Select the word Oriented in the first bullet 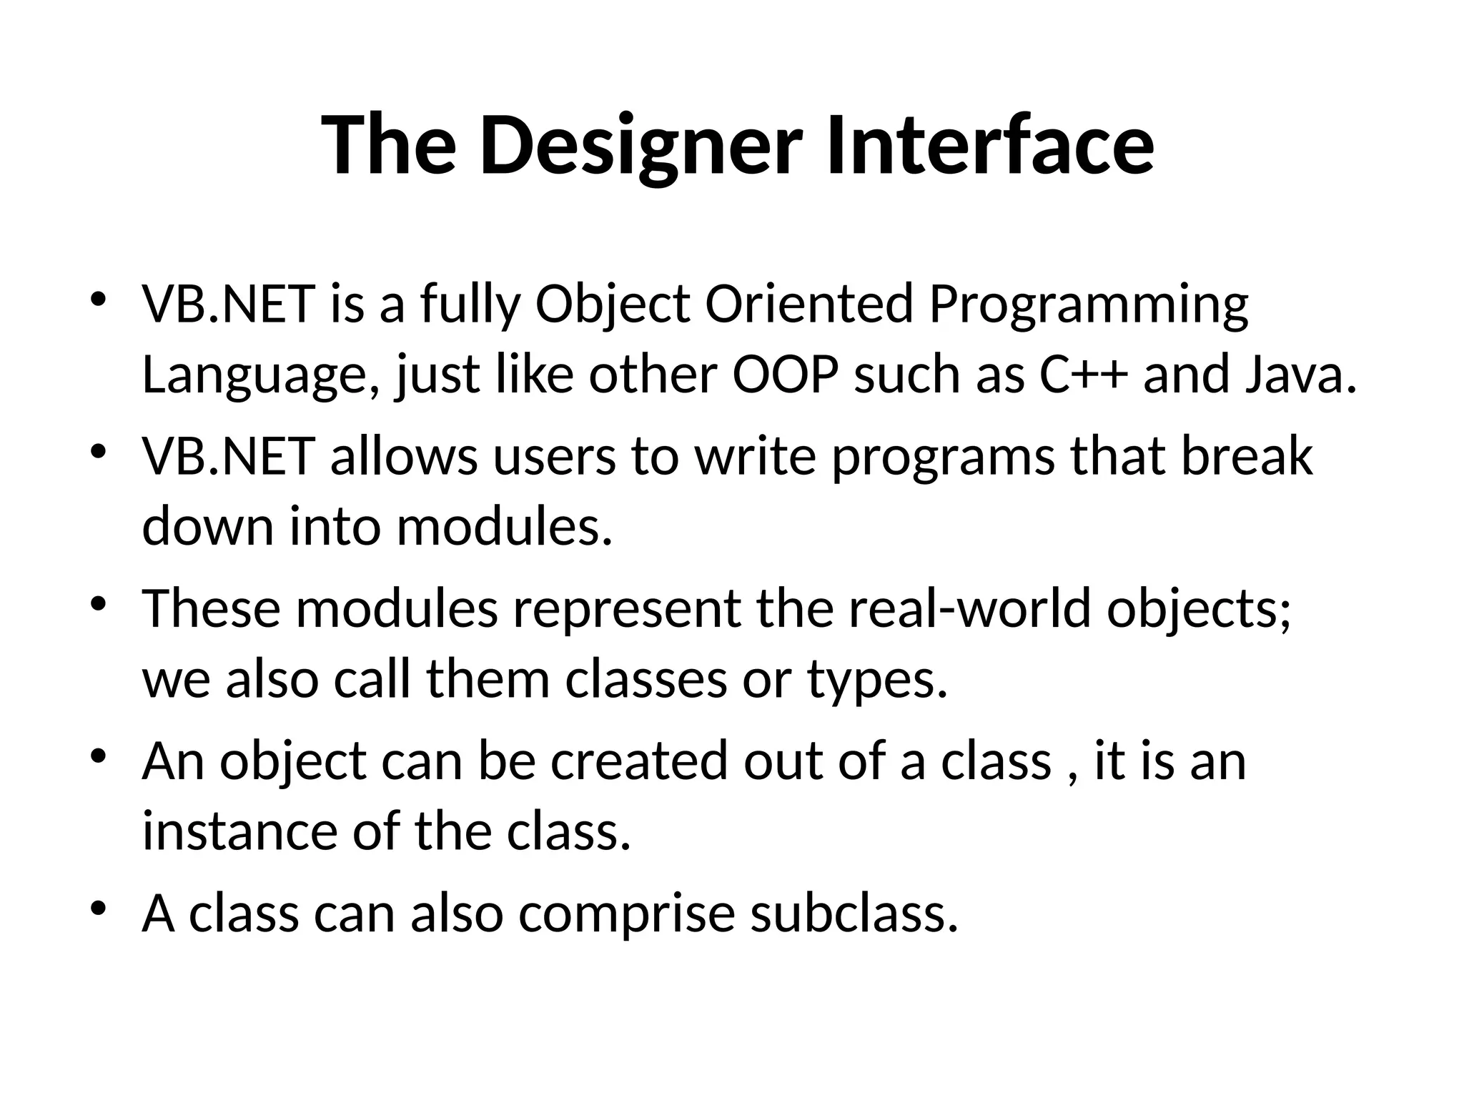point(809,304)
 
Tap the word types point(877,681)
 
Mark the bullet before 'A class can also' point(99,909)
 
